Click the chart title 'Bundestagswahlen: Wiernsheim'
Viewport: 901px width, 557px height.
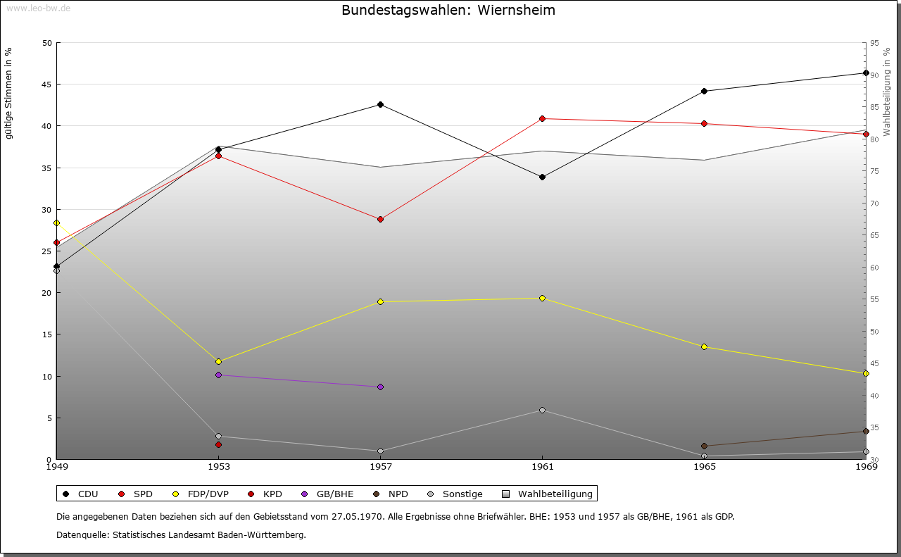pyautogui.click(x=448, y=10)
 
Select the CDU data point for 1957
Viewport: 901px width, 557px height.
pyautogui.click(x=380, y=104)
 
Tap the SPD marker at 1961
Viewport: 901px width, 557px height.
pyautogui.click(x=542, y=118)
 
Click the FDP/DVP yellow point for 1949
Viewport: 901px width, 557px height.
pyautogui.click(x=56, y=223)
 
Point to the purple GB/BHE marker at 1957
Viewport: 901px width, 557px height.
pyautogui.click(x=380, y=387)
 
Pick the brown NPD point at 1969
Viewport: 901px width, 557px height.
pyautogui.click(x=866, y=431)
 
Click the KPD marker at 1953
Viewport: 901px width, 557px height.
pyautogui.click(x=218, y=444)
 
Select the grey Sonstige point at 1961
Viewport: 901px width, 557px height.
pyautogui.click(x=542, y=410)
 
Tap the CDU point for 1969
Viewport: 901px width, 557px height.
pyautogui.click(x=866, y=73)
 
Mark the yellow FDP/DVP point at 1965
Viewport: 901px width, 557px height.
pyautogui.click(x=704, y=346)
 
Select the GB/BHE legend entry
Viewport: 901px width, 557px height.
pyautogui.click(x=333, y=494)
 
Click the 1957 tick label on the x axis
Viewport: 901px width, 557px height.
pyautogui.click(x=381, y=466)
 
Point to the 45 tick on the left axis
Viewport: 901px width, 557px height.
pyautogui.click(x=47, y=85)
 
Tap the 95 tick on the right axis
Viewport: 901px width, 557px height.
pyautogui.click(x=874, y=43)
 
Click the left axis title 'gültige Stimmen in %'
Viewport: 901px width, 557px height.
pyautogui.click(x=9, y=93)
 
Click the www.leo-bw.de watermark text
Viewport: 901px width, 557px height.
pyautogui.click(x=38, y=8)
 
